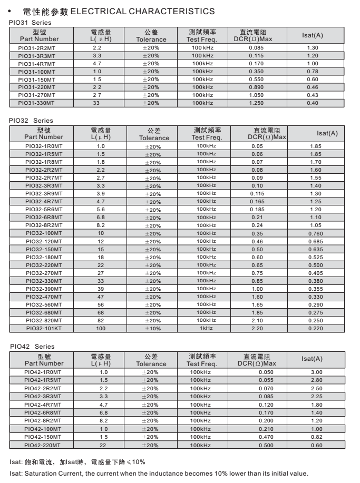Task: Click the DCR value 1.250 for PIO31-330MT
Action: pos(256,103)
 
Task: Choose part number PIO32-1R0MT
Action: pos(44,146)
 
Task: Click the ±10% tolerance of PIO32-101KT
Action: pos(153,329)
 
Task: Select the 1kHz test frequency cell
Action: pos(206,328)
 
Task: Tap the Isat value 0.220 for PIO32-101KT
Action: pos(316,329)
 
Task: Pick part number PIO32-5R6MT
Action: pos(44,209)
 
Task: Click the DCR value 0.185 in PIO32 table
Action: pos(257,209)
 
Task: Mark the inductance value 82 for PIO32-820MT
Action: pos(101,321)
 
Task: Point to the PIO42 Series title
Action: pos(31,347)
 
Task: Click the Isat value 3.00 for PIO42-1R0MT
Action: pos(316,372)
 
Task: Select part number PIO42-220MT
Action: pos(43,445)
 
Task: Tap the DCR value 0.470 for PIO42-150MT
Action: pos(266,437)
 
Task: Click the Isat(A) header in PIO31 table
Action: pos(312,35)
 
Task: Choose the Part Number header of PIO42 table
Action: pos(44,363)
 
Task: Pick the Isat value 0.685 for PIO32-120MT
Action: pos(316,241)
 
